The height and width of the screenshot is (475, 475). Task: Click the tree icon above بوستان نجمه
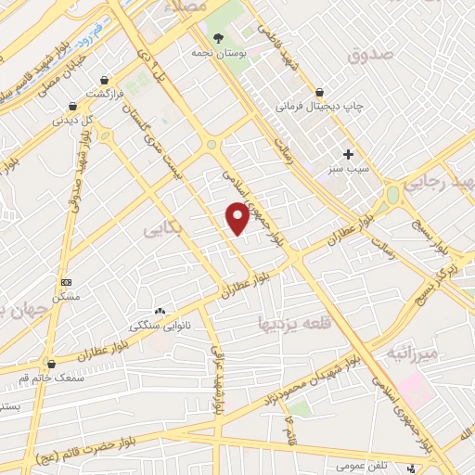(x=218, y=38)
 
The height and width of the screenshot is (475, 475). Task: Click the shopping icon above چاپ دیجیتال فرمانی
(x=320, y=91)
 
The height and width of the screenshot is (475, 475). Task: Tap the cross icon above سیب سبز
(x=348, y=154)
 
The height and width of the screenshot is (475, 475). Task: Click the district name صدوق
(x=370, y=56)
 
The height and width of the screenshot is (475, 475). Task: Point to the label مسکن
(x=66, y=297)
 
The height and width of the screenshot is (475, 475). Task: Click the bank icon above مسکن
(x=65, y=281)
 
